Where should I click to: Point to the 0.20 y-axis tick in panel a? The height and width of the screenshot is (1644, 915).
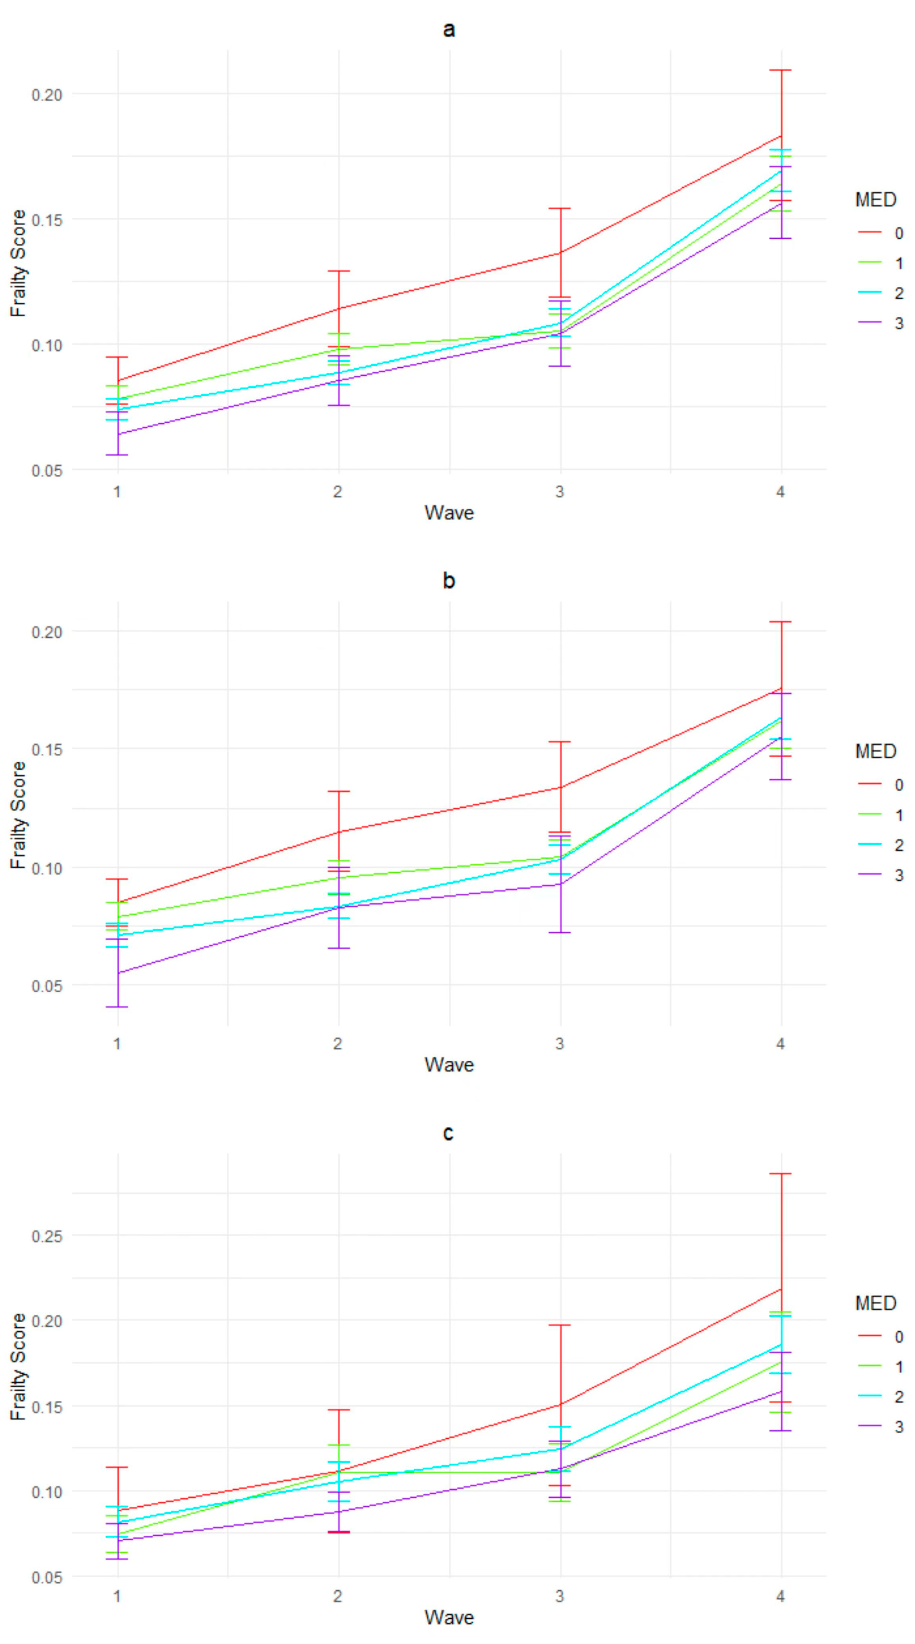tap(47, 95)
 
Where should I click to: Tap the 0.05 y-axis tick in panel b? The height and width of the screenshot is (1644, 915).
tap(47, 986)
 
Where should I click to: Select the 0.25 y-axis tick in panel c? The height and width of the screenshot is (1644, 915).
tap(47, 1236)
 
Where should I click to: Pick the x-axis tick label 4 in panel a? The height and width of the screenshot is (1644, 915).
tap(780, 491)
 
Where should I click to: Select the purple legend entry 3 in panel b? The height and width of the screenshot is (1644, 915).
tap(899, 875)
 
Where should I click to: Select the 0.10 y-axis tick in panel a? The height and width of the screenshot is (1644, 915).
tap(47, 345)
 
